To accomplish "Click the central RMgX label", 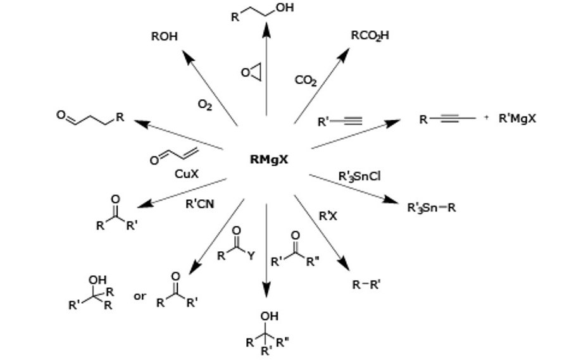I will coord(269,159).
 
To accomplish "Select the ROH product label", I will coord(164,37).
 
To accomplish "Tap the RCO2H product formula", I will coord(370,36).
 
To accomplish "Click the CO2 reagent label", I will coord(306,80).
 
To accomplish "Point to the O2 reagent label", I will coord(205,105).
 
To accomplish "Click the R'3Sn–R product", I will coord(431,207).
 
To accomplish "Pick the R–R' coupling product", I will coord(366,285).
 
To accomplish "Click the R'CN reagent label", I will coord(199,204).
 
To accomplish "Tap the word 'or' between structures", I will coord(140,295).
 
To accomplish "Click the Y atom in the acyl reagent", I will coord(251,256).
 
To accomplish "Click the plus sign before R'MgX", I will coord(486,118).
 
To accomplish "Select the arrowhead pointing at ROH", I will coord(186,56).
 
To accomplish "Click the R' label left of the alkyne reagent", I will coord(324,120).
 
